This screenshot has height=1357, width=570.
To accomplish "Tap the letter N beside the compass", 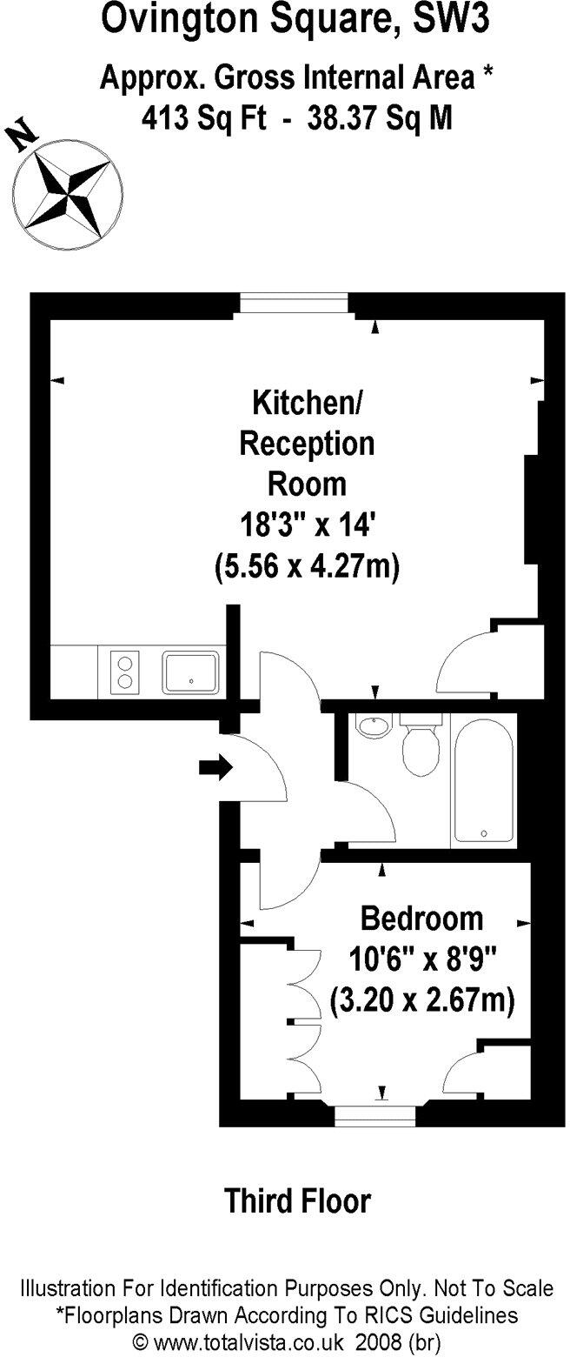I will [x=23, y=136].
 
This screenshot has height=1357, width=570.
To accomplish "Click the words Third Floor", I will [x=297, y=1201].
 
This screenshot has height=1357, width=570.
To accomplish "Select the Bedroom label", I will [x=421, y=918].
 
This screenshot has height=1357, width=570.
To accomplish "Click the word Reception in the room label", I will [x=307, y=444].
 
